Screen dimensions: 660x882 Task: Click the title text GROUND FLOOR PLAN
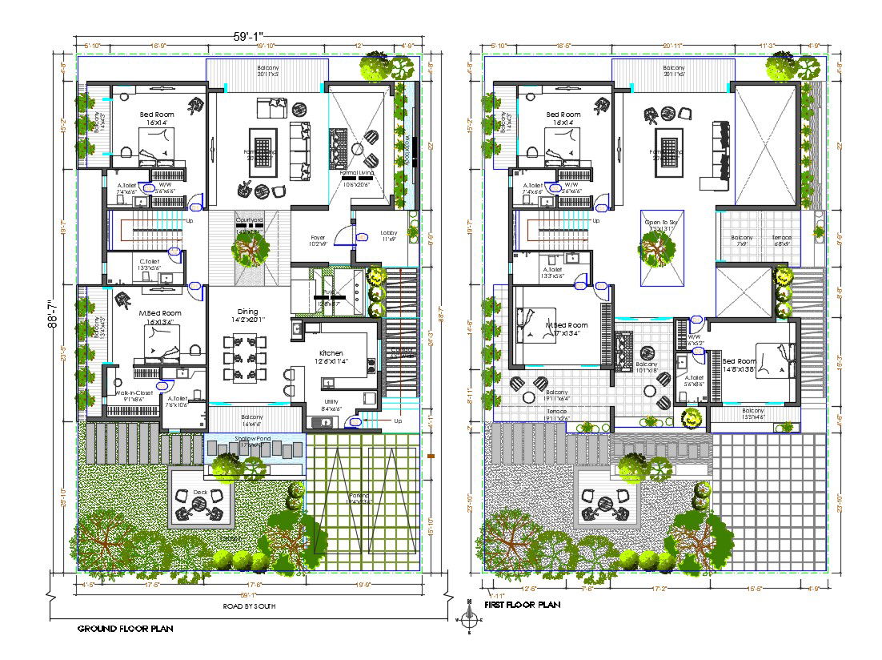tap(124, 629)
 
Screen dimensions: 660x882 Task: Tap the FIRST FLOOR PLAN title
tap(522, 605)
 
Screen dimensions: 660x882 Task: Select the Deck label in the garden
tap(199, 493)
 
